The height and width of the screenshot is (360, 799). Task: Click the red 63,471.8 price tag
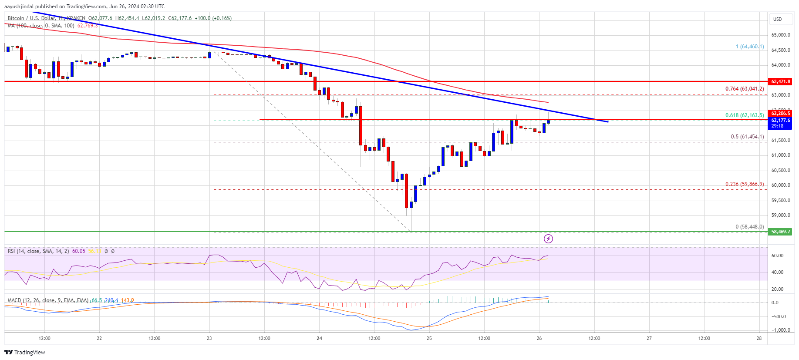click(x=780, y=81)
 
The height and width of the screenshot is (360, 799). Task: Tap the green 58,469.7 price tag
click(x=780, y=232)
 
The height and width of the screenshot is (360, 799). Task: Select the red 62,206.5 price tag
click(x=780, y=113)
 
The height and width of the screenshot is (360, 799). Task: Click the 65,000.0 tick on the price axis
click(x=780, y=35)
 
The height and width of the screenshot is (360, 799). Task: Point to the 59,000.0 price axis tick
click(x=780, y=215)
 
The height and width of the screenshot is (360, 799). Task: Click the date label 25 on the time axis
click(x=429, y=338)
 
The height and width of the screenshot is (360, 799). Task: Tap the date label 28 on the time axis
click(x=759, y=338)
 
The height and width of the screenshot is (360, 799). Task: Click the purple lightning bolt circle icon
click(x=548, y=239)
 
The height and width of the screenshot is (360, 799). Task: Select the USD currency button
click(x=777, y=19)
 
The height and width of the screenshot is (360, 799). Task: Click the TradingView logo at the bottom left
click(x=25, y=352)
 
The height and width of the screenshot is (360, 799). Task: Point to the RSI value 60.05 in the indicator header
click(x=79, y=251)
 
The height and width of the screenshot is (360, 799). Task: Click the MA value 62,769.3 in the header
click(x=88, y=26)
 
